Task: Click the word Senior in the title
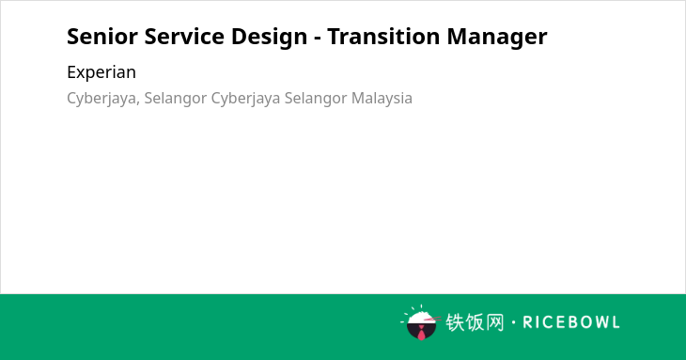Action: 102,37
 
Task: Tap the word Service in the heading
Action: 184,37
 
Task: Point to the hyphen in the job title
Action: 318,39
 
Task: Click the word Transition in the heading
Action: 383,37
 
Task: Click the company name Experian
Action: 101,72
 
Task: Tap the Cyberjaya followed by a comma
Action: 103,99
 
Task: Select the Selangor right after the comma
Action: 176,99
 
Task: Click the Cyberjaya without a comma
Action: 245,99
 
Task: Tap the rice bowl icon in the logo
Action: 421,322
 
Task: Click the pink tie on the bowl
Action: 421,334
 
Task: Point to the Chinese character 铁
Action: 455,322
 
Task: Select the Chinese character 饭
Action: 475,322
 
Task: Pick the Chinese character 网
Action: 495,322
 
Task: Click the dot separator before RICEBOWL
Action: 513,322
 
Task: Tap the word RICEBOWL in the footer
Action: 571,322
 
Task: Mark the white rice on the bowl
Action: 421,318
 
